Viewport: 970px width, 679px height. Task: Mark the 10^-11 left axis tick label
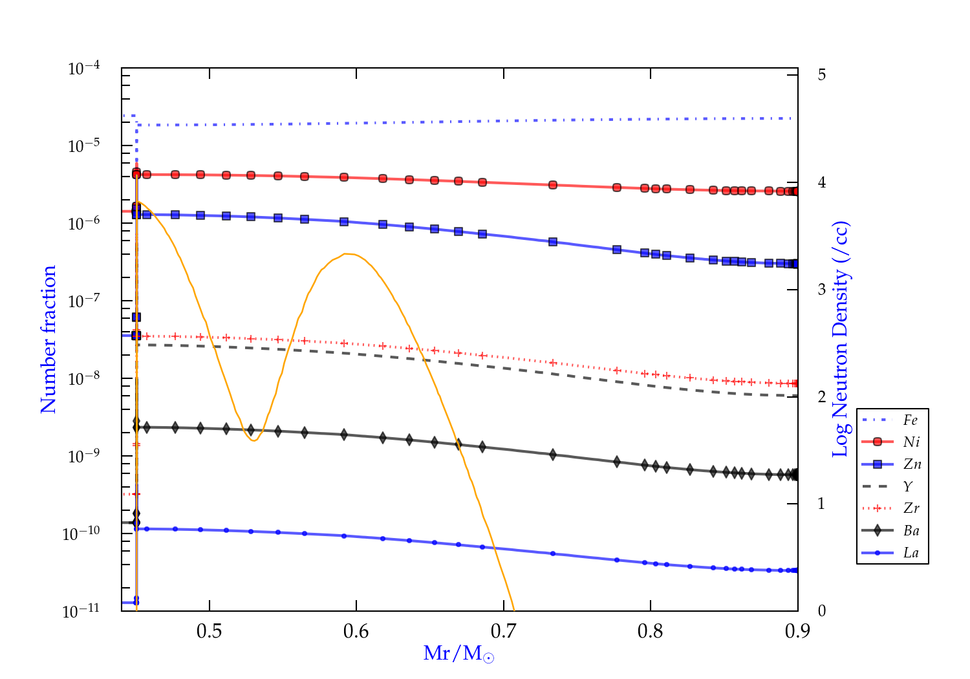tap(81, 610)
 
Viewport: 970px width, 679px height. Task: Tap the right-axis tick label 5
tap(821, 74)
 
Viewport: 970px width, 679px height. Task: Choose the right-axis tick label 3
tap(821, 289)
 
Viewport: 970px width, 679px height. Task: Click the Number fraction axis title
tap(48, 339)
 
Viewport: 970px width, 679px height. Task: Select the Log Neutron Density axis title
tap(840, 339)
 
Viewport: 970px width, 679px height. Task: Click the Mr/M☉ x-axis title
tap(458, 654)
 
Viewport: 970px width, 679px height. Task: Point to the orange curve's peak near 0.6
tap(348, 253)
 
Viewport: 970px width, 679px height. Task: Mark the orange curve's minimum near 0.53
tap(253, 440)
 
